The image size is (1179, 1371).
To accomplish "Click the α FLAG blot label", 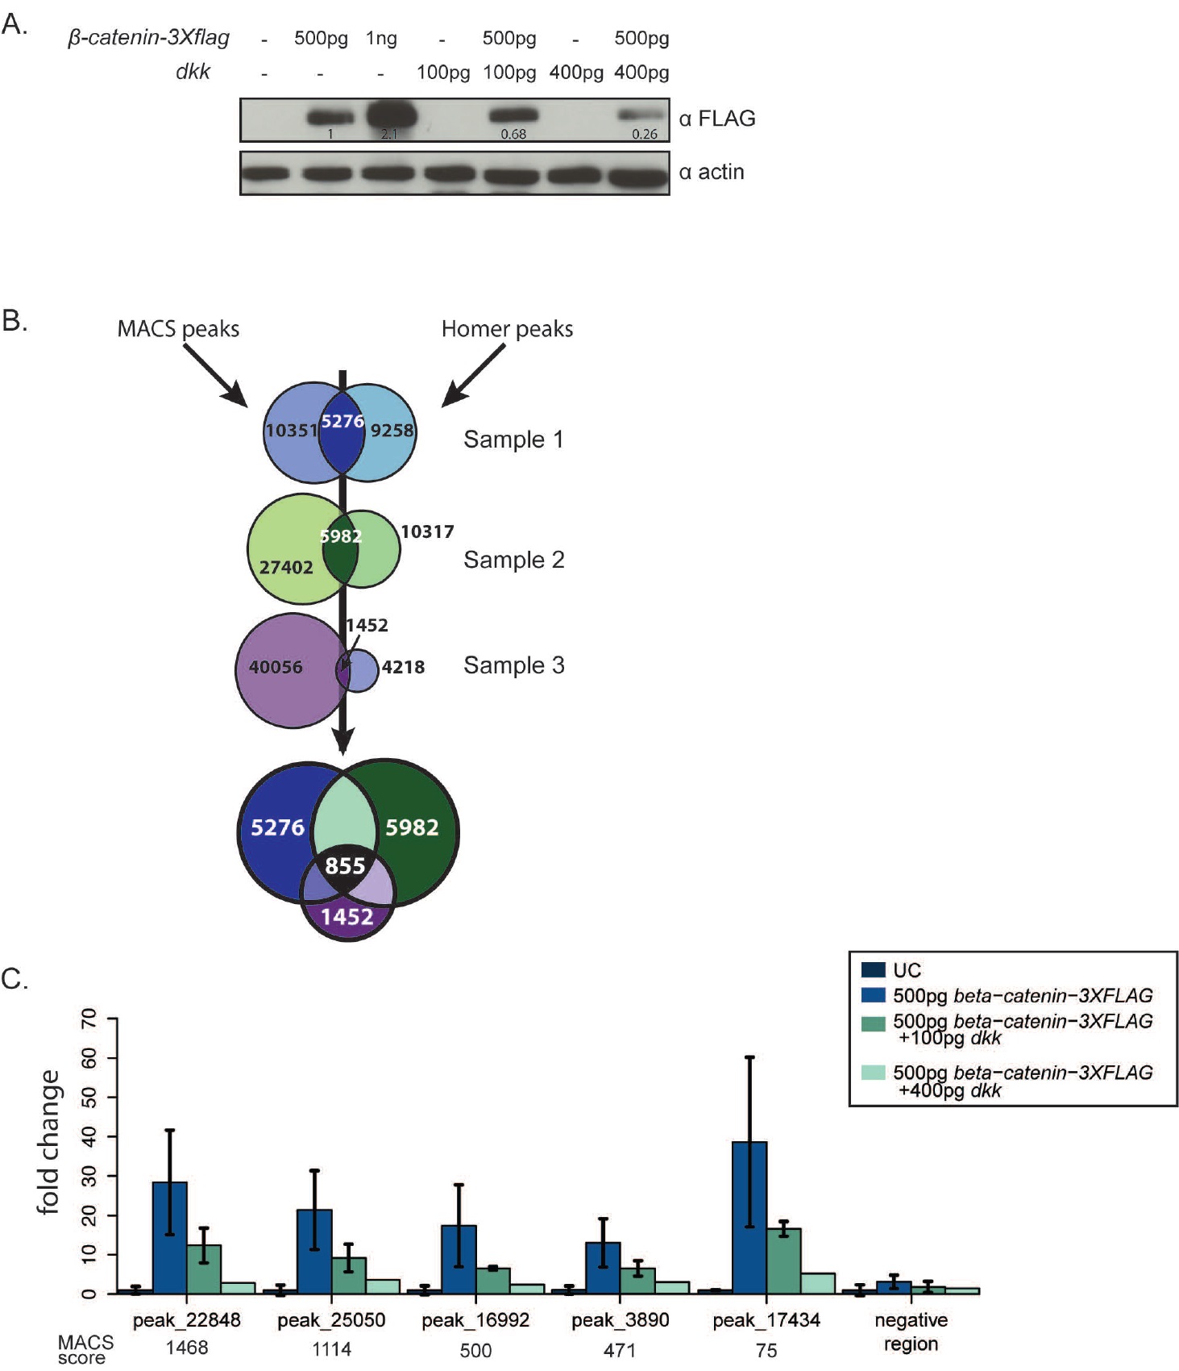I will point(716,119).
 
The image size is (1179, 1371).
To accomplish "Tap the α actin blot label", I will point(711,172).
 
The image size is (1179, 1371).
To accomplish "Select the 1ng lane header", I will point(381,38).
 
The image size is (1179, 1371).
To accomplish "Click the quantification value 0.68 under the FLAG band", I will point(513,134).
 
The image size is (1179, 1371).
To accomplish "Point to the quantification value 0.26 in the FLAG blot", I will point(644,134).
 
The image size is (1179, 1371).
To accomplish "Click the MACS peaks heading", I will point(178,329).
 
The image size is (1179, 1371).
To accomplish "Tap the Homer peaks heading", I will point(507,329).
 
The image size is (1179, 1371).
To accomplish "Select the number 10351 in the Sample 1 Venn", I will point(292,431).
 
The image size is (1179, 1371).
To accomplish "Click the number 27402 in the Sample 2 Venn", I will point(286,567).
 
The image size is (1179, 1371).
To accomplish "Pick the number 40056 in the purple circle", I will point(276,667).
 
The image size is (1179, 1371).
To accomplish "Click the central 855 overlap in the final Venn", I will point(345,865).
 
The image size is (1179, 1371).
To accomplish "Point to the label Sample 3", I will point(513,665).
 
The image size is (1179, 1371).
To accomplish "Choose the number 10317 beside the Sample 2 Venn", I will point(427,531).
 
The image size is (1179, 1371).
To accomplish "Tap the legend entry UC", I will point(907,970).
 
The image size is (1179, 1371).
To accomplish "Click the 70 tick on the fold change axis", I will point(89,1019).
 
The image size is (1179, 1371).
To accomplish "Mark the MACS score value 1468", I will point(187,1348).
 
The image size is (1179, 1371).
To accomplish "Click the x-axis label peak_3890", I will point(620,1320).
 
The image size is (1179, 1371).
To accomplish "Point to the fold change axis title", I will point(48,1141).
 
